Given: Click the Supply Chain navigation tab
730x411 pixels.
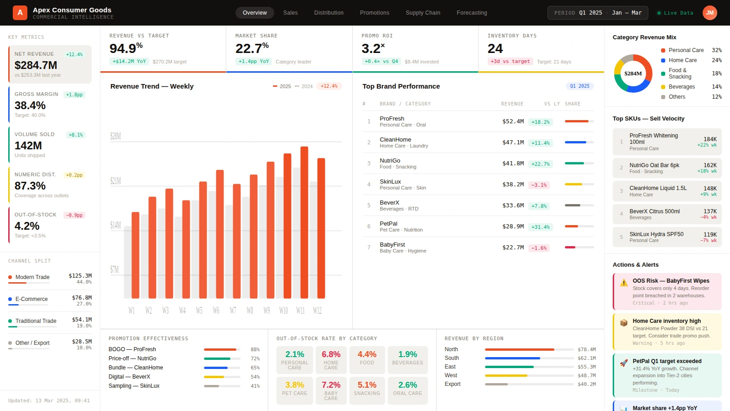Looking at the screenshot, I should click(423, 13).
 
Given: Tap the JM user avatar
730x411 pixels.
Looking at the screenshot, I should click(709, 13).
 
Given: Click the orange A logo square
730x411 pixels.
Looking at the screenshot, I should click(20, 13).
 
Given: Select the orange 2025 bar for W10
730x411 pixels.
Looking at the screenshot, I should click(287, 226).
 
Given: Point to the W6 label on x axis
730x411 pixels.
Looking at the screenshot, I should click(216, 311).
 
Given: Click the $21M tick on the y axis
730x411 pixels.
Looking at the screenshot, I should click(115, 181).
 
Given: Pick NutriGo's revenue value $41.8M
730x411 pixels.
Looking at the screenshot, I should click(513, 163).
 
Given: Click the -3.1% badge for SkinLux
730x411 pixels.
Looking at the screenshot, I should click(539, 185).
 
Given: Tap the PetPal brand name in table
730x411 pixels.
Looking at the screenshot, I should click(388, 224).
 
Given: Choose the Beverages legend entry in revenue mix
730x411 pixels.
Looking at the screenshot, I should click(682, 87).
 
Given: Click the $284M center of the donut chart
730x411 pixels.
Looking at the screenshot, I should click(633, 74).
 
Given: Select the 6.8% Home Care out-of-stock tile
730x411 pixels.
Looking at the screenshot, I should click(331, 359).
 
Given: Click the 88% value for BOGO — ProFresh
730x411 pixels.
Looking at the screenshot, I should click(255, 349).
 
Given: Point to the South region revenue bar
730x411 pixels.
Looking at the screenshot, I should click(512, 358).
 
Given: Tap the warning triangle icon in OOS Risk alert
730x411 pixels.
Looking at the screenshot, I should click(624, 283).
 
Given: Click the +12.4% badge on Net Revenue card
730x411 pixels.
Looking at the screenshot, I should click(74, 54).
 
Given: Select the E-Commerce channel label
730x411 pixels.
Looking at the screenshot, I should click(31, 299).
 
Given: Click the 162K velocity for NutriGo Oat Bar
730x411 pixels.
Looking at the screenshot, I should click(710, 165).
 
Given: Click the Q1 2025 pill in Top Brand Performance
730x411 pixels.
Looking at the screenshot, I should click(580, 86).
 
